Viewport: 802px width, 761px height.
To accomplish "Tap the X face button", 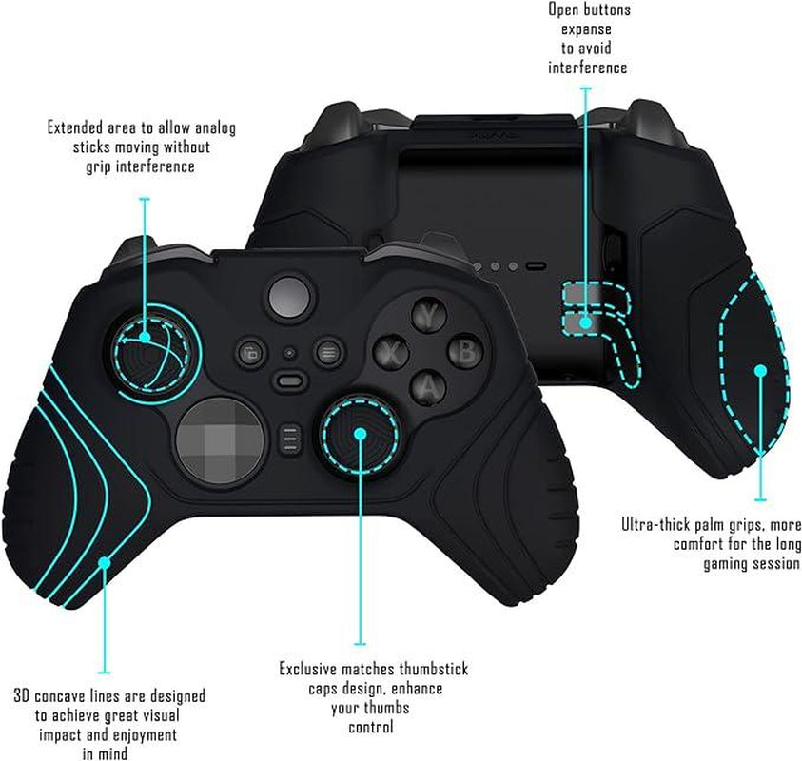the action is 392,352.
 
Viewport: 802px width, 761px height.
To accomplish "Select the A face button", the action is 429,388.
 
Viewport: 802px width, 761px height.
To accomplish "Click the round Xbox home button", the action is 290,298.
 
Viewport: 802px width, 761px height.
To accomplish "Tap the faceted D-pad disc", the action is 221,440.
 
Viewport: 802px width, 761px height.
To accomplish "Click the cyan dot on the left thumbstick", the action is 145,338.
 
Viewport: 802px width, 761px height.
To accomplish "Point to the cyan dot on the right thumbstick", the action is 360,434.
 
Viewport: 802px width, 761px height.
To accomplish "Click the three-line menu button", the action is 328,352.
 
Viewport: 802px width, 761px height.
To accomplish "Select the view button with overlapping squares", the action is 250,353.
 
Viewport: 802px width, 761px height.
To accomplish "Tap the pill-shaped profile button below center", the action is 290,381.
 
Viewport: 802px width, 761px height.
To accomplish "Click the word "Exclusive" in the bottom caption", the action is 308,669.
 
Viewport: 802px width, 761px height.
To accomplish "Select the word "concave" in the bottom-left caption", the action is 60,696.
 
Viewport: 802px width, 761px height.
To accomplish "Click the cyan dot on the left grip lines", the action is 105,562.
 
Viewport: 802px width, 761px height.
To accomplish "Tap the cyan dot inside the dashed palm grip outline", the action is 760,371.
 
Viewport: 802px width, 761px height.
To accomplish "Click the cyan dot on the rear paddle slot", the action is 586,322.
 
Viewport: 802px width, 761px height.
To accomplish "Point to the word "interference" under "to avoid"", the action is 587,68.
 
